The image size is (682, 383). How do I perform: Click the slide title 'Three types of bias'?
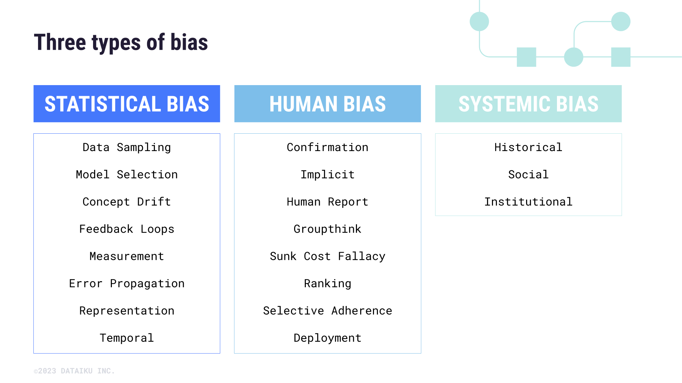(121, 43)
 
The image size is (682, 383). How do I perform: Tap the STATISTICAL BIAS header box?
(127, 104)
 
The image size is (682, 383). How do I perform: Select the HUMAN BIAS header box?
(328, 104)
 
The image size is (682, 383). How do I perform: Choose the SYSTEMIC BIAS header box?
(528, 104)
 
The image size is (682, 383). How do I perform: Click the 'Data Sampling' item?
(127, 147)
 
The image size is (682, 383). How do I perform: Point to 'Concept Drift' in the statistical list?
(127, 202)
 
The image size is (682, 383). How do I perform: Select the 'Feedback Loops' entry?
(127, 229)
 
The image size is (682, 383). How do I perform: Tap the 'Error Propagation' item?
(127, 283)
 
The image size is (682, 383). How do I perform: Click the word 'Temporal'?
(127, 338)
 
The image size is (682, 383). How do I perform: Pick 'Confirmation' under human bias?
(328, 147)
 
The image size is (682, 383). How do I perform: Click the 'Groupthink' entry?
(328, 229)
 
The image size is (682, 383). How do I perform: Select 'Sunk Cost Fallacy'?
(328, 256)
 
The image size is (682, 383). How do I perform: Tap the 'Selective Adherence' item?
(328, 311)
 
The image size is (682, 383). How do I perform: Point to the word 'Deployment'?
(328, 338)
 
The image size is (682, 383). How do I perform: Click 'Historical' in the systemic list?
(528, 147)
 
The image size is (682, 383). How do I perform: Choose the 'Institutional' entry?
(528, 202)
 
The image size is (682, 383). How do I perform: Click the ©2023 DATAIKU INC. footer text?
(74, 371)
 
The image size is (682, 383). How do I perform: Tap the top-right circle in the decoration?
(621, 21)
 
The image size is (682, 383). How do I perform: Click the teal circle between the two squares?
(573, 57)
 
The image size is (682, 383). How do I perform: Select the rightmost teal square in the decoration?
(621, 57)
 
